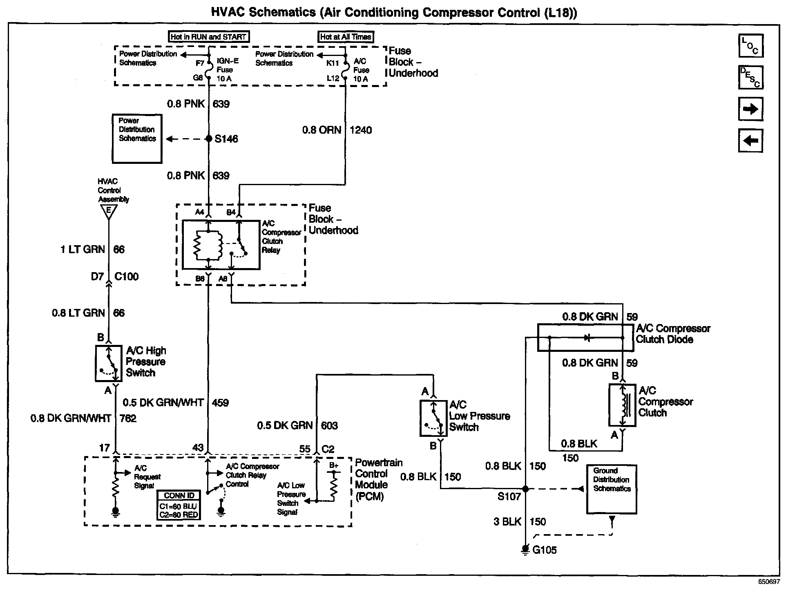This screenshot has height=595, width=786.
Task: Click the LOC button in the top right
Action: coord(751,46)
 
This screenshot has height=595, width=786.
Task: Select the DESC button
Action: coord(751,77)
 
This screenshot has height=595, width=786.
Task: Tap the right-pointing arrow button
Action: coord(751,109)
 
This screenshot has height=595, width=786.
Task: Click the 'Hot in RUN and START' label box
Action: coord(209,37)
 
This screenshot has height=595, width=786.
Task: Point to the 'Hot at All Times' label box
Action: coord(346,37)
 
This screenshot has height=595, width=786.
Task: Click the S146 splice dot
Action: coord(209,139)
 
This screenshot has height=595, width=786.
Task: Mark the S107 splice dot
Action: coord(525,489)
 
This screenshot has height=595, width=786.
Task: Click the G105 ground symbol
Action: coord(525,550)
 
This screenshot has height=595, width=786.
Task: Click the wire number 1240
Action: coord(361,130)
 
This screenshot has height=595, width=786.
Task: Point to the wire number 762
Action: coord(128,418)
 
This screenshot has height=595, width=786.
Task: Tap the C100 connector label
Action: coord(127,277)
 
